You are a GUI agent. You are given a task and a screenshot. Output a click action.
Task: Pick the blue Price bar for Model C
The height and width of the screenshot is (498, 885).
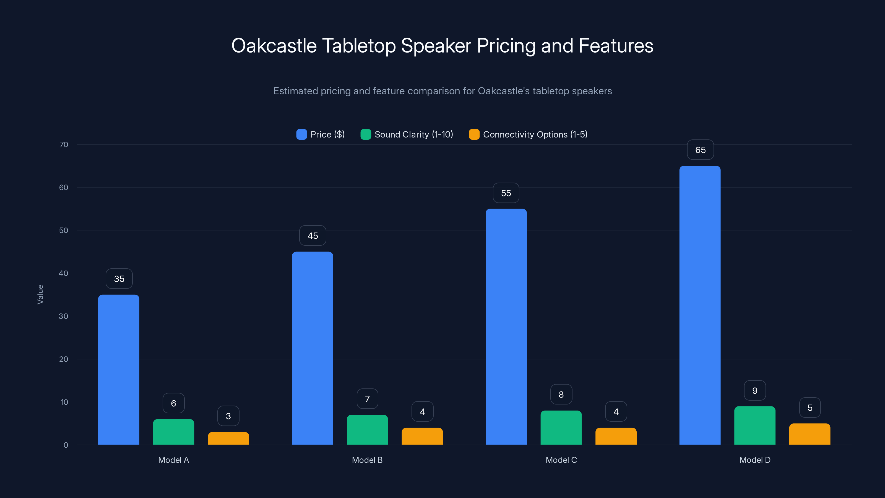[x=506, y=326]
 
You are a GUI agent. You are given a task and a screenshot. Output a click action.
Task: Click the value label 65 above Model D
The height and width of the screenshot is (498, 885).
[x=700, y=150]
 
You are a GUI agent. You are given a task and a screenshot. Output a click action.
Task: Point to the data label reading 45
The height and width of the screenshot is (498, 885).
[x=313, y=236]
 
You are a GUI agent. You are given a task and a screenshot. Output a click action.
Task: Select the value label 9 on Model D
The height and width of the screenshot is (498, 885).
[x=755, y=390]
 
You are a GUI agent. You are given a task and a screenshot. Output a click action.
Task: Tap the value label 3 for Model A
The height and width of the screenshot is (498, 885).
[x=228, y=416]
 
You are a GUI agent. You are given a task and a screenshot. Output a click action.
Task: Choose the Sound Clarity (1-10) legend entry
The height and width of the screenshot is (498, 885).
[x=414, y=134]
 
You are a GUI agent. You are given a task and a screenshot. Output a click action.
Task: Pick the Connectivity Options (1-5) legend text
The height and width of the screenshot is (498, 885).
[x=535, y=134]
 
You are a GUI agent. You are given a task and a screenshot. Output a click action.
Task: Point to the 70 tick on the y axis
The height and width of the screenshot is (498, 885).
[x=64, y=144]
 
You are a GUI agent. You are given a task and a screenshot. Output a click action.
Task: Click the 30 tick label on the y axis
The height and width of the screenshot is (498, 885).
[x=64, y=316]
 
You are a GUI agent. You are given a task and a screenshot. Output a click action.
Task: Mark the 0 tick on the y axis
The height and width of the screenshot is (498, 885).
[x=66, y=445]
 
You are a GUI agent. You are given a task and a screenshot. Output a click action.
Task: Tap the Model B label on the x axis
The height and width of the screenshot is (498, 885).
[x=367, y=460]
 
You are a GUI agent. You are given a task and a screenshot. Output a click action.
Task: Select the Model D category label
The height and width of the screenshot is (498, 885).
[x=755, y=460]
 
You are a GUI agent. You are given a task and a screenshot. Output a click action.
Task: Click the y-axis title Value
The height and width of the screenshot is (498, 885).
[x=40, y=295]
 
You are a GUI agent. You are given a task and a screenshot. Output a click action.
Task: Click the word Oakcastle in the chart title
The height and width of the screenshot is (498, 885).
[x=274, y=46]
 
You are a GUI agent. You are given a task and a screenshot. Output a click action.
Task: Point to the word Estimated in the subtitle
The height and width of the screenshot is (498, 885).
[x=295, y=91]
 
